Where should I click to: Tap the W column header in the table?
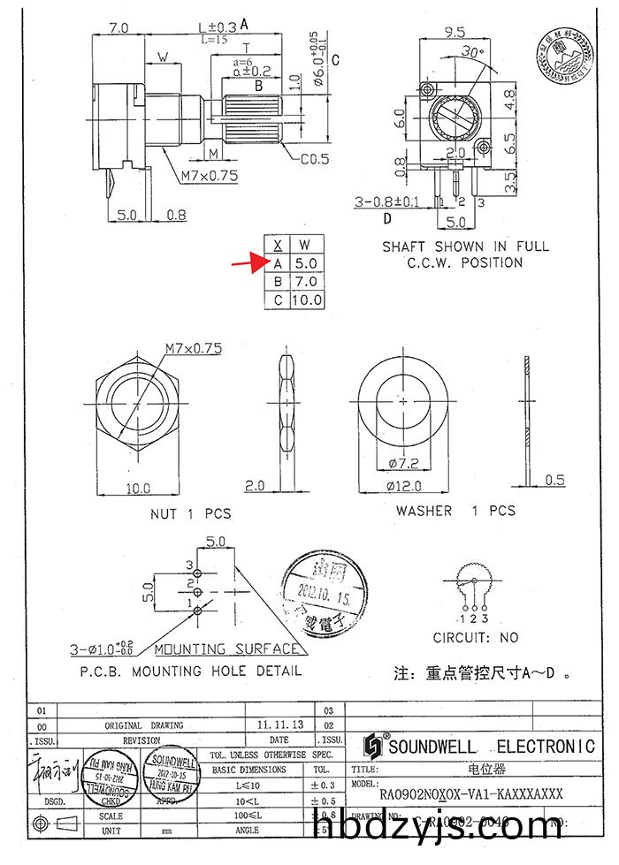point(305,244)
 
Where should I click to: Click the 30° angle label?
point(474,52)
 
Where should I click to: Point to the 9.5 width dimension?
point(455,32)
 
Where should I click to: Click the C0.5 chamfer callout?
point(314,160)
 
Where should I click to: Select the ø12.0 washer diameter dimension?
point(403,485)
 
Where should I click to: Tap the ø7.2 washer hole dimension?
point(403,463)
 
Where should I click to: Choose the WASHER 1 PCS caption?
point(455,511)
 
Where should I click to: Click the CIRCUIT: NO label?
point(476,637)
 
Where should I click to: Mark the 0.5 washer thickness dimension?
point(554,480)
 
